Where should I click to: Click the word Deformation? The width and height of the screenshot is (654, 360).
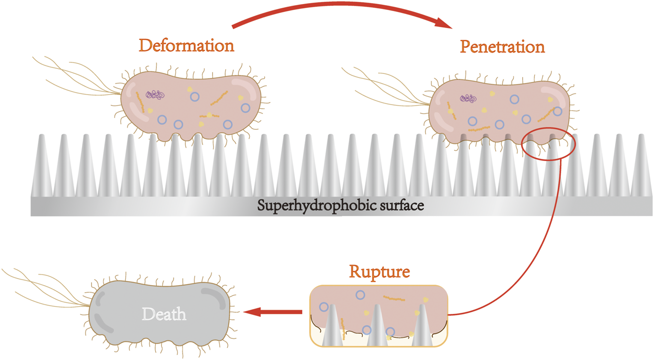tap(186, 46)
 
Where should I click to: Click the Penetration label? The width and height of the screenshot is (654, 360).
tap(503, 47)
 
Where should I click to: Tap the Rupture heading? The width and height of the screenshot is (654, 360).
tap(380, 272)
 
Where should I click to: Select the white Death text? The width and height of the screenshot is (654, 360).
tap(164, 315)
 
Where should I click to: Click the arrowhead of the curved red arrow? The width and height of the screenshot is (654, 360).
tap(445, 23)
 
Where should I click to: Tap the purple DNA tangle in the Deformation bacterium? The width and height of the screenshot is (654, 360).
tap(155, 95)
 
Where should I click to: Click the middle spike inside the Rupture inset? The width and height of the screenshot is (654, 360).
tap(378, 327)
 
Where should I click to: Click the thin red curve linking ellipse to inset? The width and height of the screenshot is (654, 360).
tap(543, 236)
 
